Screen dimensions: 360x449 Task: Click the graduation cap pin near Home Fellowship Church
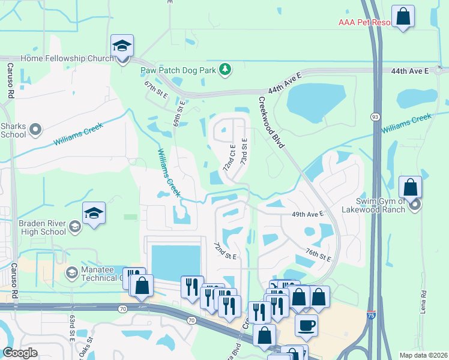(122, 46)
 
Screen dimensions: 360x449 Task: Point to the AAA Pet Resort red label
(364, 23)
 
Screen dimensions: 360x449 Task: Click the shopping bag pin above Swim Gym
(410, 187)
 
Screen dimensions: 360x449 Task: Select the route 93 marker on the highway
(375, 116)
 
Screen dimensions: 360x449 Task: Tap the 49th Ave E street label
(307, 214)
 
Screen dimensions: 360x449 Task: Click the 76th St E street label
(318, 254)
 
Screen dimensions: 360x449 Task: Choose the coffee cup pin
(306, 326)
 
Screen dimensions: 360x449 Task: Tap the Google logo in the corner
(20, 353)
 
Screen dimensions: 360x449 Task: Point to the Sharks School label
(13, 130)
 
